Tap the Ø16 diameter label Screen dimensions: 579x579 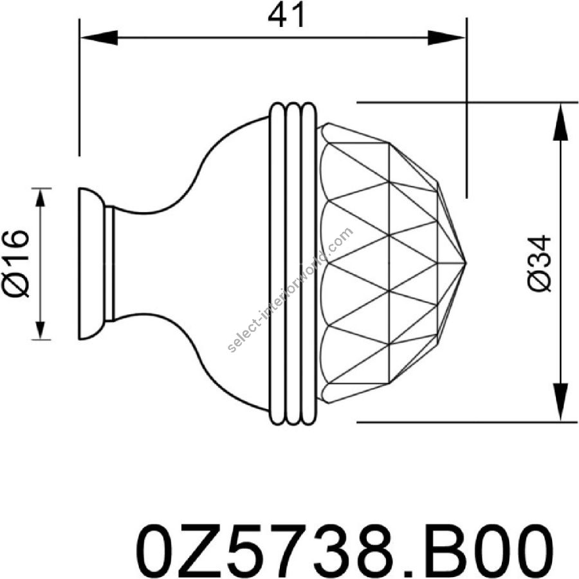point(16,264)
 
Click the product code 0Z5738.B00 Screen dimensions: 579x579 point(345,551)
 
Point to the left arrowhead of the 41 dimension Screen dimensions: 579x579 point(98,38)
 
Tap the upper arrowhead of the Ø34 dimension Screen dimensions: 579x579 point(560,122)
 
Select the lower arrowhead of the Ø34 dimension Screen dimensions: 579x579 point(560,402)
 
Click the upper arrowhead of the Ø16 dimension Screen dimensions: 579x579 point(41,197)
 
